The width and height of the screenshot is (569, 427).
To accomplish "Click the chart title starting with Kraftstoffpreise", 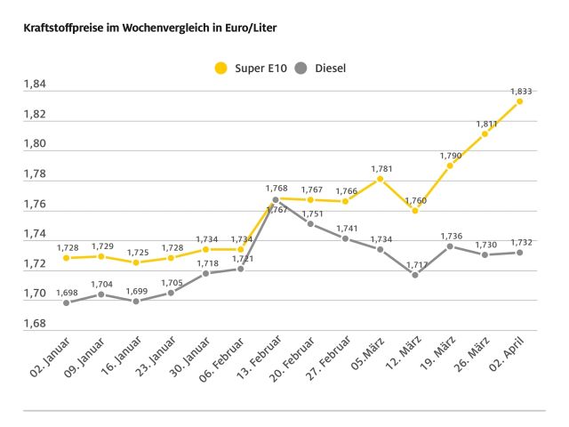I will (142, 28).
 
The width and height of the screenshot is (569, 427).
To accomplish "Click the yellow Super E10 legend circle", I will (221, 67).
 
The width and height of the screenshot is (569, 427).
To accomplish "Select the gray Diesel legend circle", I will (301, 67).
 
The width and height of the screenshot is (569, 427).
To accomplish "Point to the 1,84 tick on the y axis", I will (35, 85).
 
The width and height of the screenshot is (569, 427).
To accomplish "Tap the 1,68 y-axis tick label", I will (35, 323).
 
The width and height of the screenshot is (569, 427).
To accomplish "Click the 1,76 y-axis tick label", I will (35, 205).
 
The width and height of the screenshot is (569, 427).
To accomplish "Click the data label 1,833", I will (520, 91).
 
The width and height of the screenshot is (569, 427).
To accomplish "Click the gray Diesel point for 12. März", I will (414, 274).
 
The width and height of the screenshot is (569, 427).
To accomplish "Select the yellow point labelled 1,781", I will (380, 179).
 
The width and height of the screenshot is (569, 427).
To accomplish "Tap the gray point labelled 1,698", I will (66, 302).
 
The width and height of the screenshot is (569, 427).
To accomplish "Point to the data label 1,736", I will (449, 236).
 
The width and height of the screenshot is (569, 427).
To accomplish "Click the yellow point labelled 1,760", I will (414, 210).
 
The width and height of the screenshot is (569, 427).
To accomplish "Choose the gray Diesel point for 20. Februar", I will (310, 223).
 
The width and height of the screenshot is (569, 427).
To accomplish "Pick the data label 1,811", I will (485, 124).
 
